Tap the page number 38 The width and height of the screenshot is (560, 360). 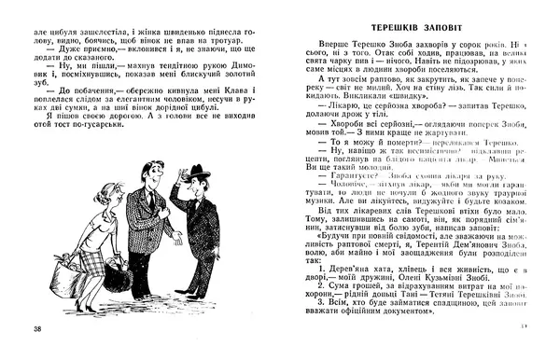click(x=36, y=330)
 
